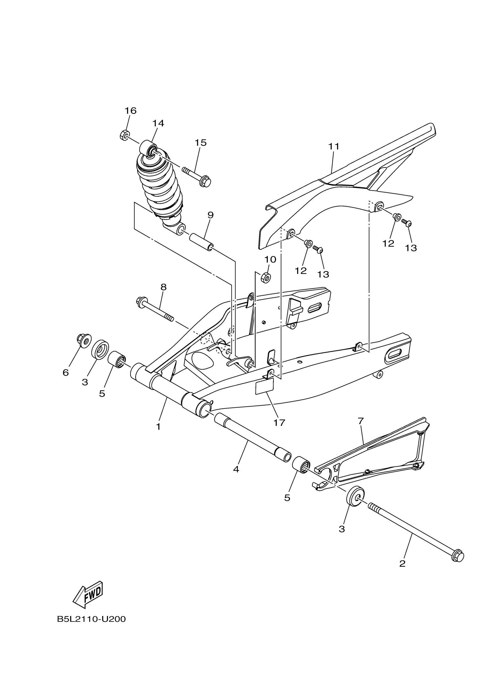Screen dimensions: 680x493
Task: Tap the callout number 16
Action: pyautogui.click(x=130, y=111)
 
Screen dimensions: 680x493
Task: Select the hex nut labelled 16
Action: pyautogui.click(x=124, y=136)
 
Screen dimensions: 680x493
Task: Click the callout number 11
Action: pyautogui.click(x=334, y=147)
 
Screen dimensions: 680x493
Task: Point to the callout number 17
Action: pyautogui.click(x=279, y=423)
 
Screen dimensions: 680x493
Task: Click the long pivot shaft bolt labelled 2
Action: pyautogui.click(x=416, y=531)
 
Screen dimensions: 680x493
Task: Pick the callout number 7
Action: pyautogui.click(x=361, y=421)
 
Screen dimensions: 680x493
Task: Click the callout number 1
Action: pyautogui.click(x=158, y=427)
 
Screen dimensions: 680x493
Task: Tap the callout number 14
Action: pyautogui.click(x=158, y=123)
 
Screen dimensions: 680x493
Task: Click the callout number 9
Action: pyautogui.click(x=210, y=215)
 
